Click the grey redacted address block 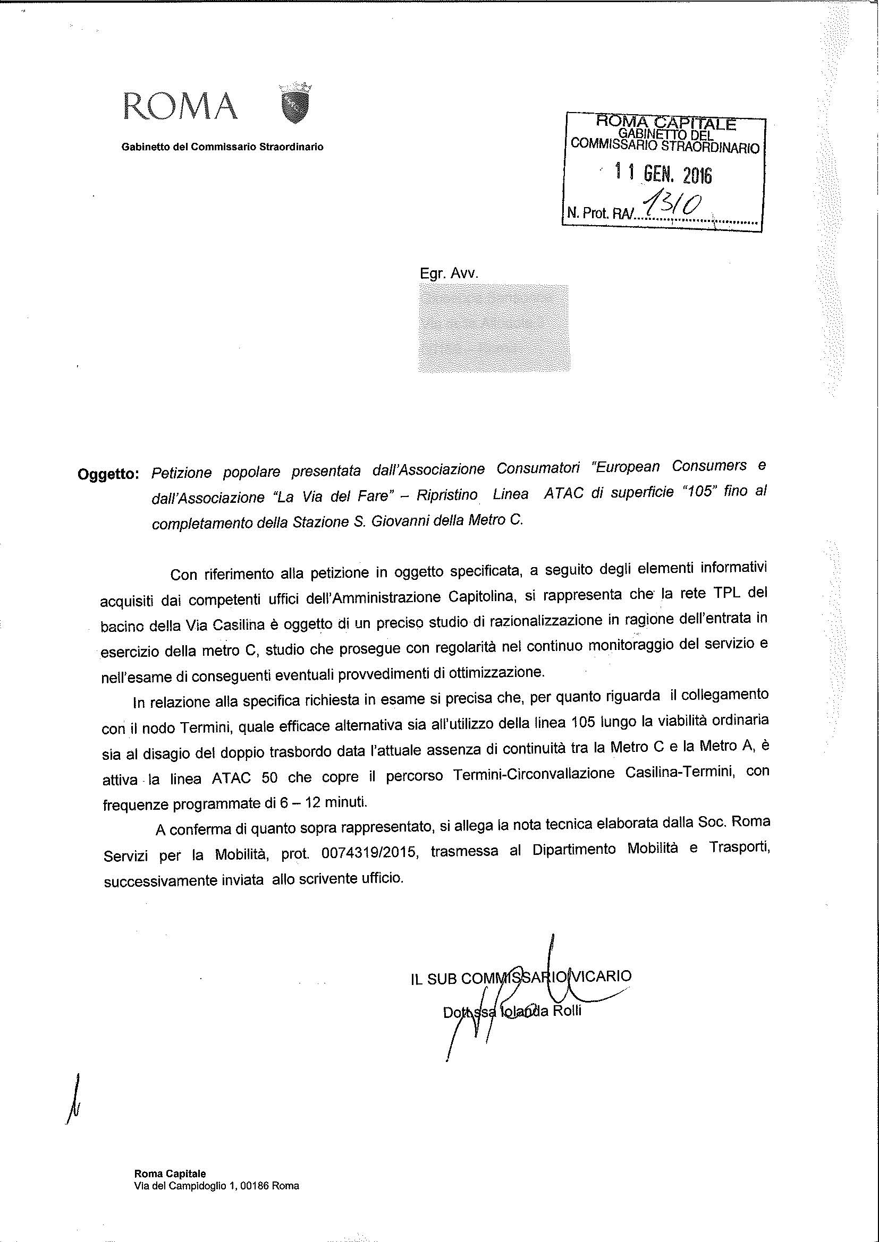(493, 328)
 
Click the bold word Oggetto (109, 474)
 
